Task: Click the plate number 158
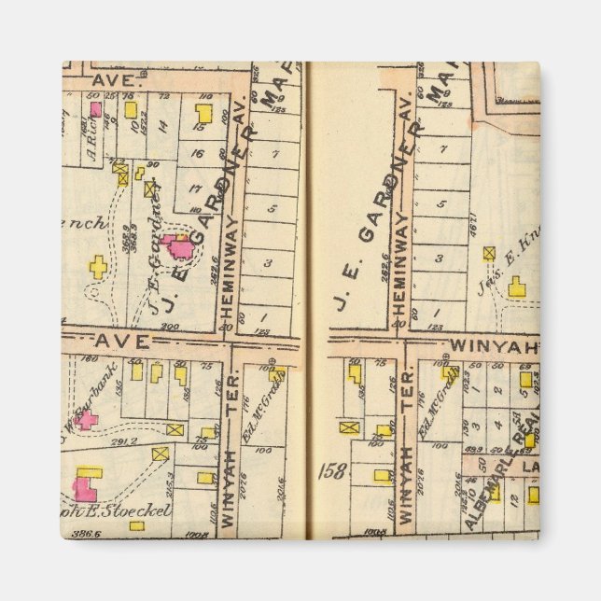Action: pos(331,470)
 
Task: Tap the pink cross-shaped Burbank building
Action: pos(86,420)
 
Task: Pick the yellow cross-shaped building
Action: pos(98,268)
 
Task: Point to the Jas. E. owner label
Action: pos(504,266)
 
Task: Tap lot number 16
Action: pos(196,153)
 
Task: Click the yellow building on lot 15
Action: pos(203,114)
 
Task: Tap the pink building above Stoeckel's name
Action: pos(85,489)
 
